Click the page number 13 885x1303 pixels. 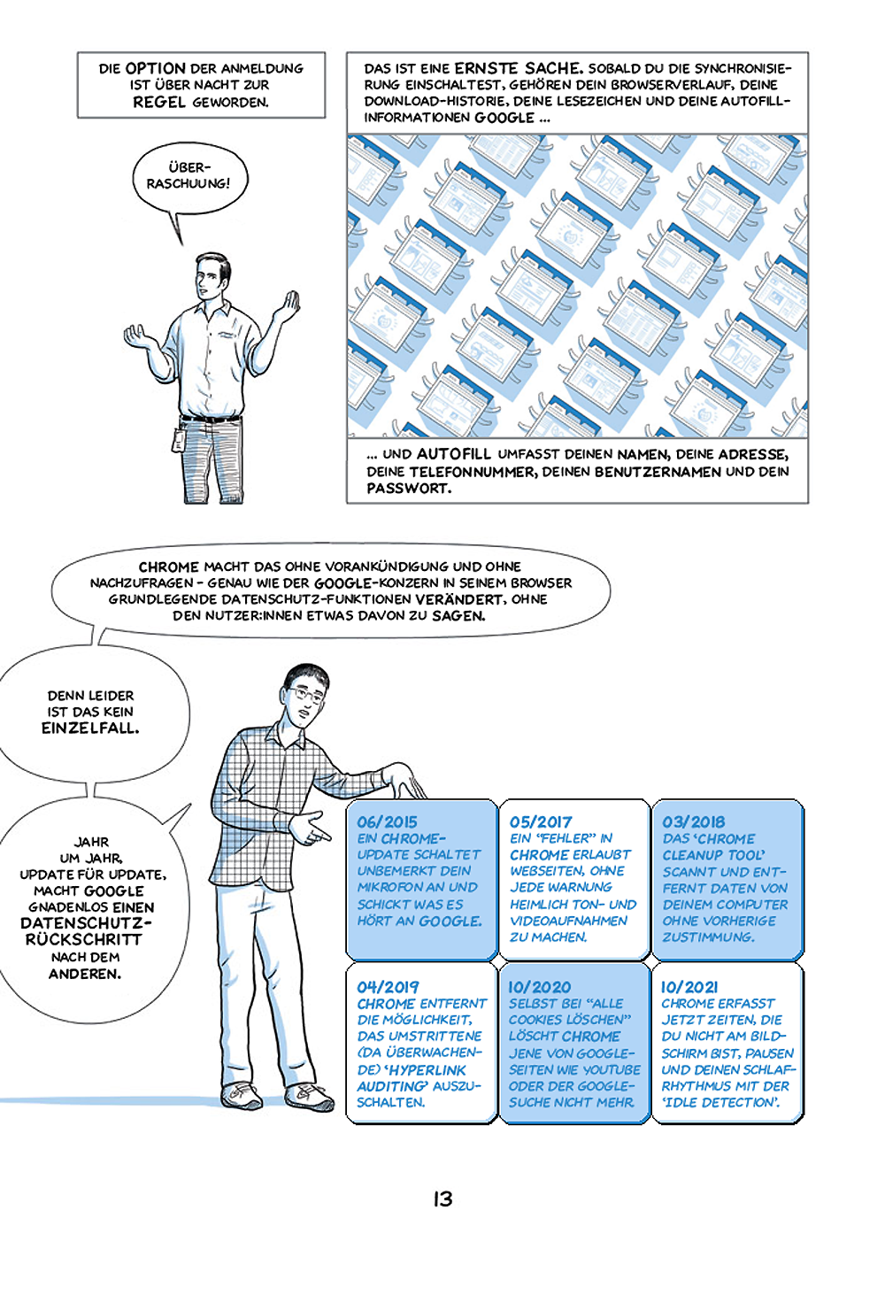(442, 1199)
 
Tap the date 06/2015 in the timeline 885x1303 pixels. (387, 821)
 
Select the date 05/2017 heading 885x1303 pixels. (541, 821)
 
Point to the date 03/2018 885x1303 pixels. (693, 821)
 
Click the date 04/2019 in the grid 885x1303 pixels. (388, 986)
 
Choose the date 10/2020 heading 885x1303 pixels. (540, 986)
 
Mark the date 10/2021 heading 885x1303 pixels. (689, 986)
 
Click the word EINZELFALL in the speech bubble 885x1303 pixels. (90, 729)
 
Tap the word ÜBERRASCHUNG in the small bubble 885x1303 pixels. (189, 175)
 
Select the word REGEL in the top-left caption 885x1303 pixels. (159, 102)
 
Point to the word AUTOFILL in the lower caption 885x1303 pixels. (453, 454)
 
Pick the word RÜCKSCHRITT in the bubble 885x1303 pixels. (84, 939)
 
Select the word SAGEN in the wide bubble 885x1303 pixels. (458, 615)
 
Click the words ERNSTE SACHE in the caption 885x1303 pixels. (518, 68)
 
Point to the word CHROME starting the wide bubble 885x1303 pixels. (168, 567)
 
